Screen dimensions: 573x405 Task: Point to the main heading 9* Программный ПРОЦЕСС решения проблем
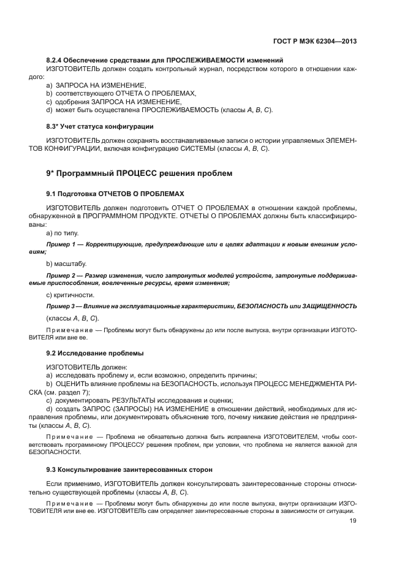(139, 173)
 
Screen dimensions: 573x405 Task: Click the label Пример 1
(62, 245)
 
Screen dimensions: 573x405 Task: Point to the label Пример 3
(62, 305)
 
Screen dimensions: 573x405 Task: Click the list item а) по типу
(62, 233)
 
